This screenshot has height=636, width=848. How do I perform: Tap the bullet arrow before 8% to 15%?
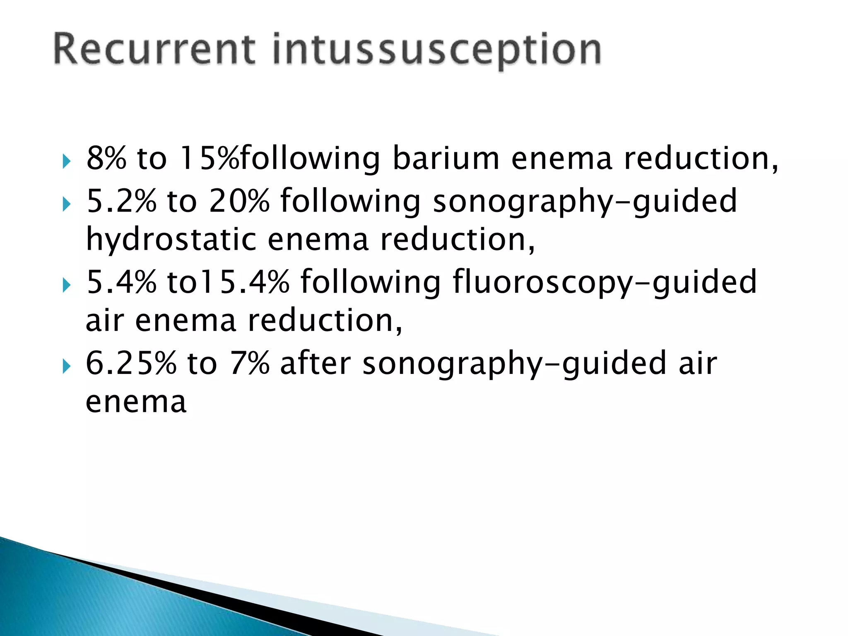point(66,161)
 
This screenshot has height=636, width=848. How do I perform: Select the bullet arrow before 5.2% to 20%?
point(66,204)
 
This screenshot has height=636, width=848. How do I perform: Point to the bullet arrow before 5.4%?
point(66,285)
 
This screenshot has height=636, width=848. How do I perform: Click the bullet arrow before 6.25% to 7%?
point(66,366)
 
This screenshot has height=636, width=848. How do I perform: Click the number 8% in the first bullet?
point(106,158)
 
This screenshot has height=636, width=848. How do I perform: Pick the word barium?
point(446,158)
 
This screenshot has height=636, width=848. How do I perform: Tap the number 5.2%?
point(121,201)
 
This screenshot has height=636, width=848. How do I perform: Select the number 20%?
point(239,201)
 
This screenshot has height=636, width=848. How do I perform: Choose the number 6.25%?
point(131,363)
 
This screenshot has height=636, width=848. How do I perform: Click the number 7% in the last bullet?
point(249,363)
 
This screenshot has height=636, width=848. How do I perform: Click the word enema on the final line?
point(136,402)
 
